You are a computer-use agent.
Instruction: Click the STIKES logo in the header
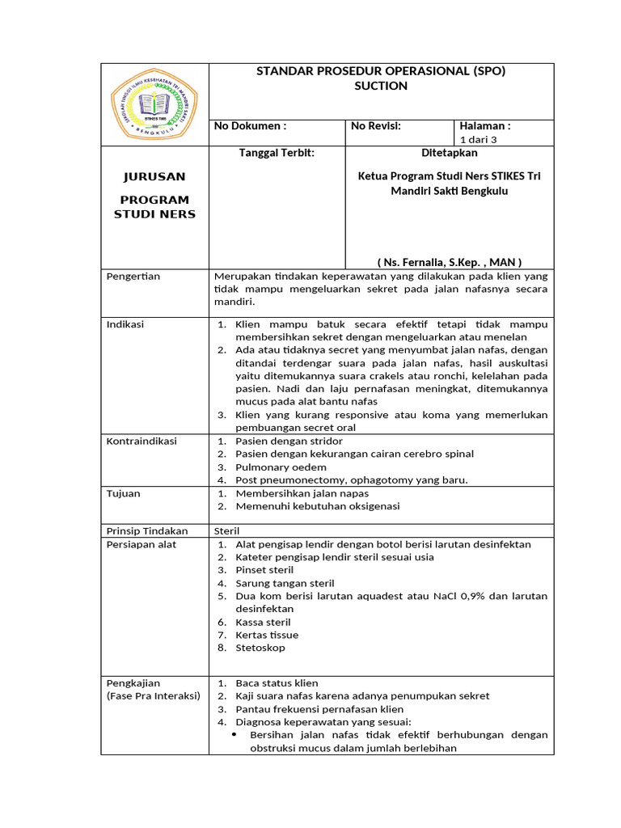pos(154,104)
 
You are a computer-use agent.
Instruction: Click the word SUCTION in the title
pos(381,86)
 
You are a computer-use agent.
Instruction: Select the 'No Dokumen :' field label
pos(250,126)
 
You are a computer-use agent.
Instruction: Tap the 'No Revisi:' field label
pos(376,126)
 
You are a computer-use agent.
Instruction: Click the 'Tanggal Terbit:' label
pos(276,153)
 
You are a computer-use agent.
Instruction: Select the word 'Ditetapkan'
pos(450,153)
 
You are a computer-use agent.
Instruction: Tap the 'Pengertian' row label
pos(133,277)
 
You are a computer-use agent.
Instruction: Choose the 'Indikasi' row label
pos(125,324)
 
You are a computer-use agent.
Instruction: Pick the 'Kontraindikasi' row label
pos(142,441)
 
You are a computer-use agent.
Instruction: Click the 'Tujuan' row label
pos(123,493)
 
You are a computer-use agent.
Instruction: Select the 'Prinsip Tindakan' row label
pos(147,531)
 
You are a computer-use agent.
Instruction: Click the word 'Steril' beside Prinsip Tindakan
pos(226,531)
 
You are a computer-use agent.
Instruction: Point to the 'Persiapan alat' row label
pos(142,544)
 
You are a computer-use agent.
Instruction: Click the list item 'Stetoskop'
pos(260,648)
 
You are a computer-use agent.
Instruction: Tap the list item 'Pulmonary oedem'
pos(281,467)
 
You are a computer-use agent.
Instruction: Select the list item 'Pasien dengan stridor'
pos(289,441)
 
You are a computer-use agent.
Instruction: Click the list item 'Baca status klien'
pos(277,683)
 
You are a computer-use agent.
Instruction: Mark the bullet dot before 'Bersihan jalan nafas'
pos(234,734)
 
